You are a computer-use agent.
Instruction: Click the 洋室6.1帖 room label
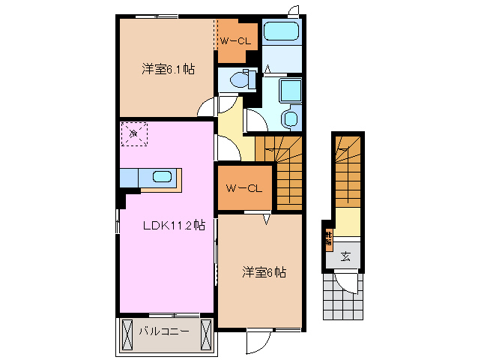coord(168,70)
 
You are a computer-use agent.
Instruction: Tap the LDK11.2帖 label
coord(174,226)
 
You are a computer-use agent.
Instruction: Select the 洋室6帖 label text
coord(262,272)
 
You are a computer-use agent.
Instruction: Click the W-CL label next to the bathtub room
coord(235,41)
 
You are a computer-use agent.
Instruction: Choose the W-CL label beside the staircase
coord(244,187)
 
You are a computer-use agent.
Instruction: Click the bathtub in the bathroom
coord(282,33)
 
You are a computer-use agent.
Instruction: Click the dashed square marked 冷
coord(134,135)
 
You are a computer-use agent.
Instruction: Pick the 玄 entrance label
coord(345,256)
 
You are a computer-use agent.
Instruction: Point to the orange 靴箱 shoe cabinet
coord(328,239)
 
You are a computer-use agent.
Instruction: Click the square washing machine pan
coord(289,90)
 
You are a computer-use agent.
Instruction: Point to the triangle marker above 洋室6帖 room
coord(266,219)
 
